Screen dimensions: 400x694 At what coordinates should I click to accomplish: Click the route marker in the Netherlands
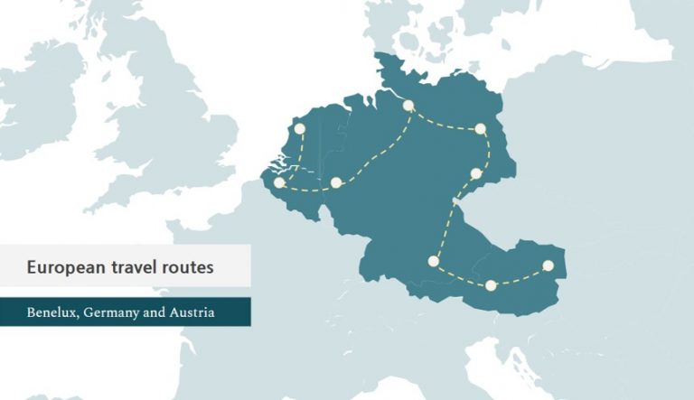click(299, 128)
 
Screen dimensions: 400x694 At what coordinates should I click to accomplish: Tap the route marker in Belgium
click(279, 183)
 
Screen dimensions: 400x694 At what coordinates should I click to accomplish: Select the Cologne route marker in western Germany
click(336, 182)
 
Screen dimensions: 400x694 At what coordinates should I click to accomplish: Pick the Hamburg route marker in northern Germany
click(408, 106)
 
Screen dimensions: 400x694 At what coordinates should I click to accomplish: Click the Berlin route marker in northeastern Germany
click(481, 129)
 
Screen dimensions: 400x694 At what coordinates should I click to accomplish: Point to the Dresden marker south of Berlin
click(476, 173)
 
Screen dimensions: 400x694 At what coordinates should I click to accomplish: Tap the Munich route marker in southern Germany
click(434, 261)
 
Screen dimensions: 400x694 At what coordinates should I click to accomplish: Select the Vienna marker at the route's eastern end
click(548, 265)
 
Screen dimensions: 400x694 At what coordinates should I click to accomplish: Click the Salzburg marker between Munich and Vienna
click(491, 285)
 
